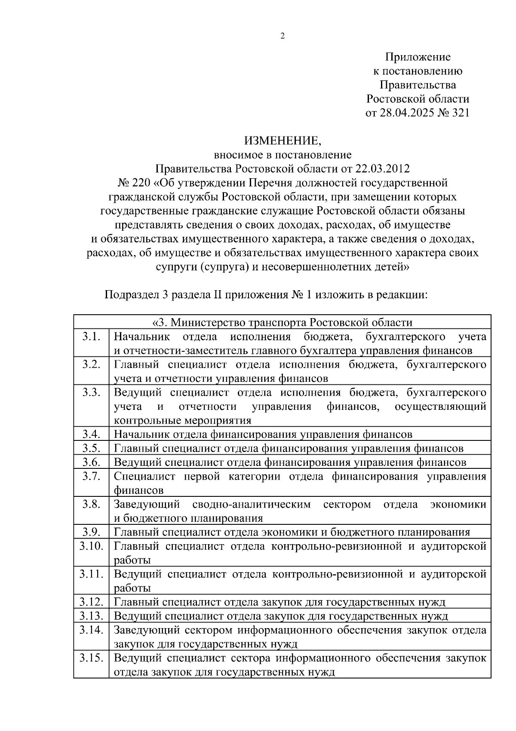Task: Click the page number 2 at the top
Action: [x=283, y=36]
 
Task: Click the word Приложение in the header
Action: [x=418, y=57]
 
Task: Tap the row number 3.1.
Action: [x=91, y=336]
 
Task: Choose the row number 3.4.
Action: [x=91, y=434]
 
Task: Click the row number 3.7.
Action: [x=91, y=476]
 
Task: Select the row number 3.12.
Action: [x=91, y=602]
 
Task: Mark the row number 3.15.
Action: [x=91, y=658]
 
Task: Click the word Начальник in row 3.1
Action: [x=141, y=336]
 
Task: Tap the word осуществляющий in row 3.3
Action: [x=440, y=406]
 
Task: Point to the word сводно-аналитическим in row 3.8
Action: [x=252, y=504]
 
